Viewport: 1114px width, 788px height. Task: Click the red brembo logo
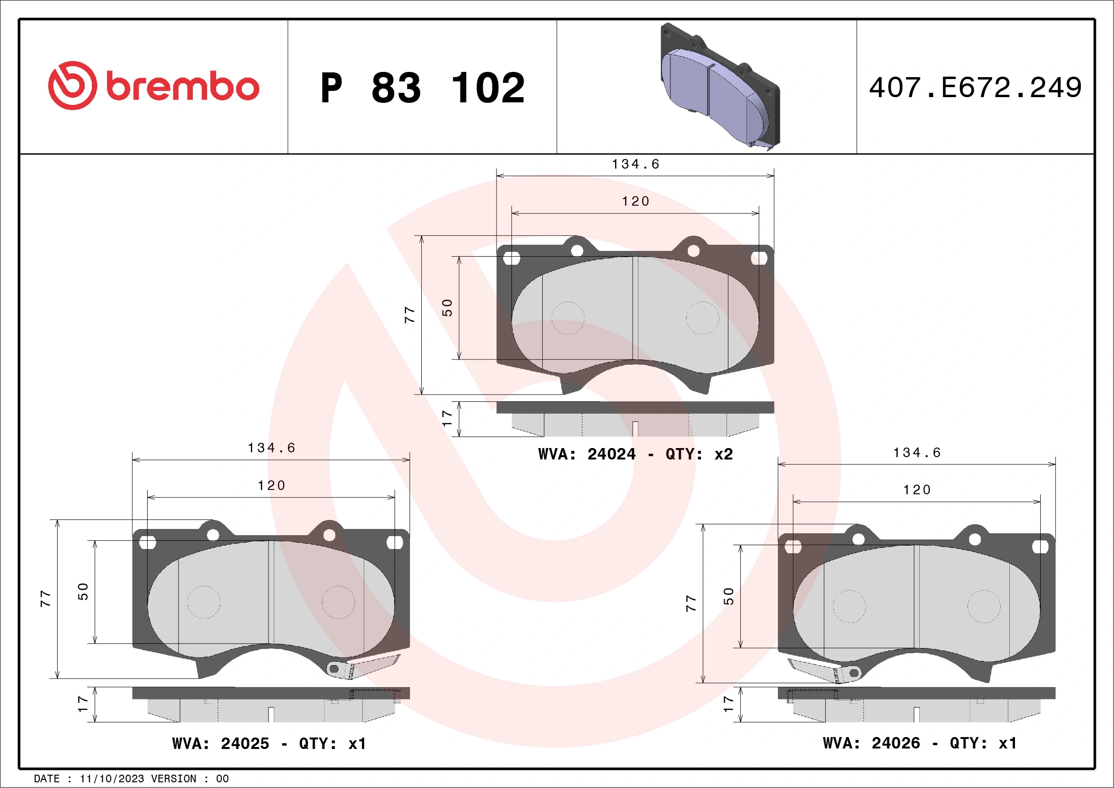click(x=153, y=86)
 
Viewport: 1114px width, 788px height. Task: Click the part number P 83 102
click(x=422, y=88)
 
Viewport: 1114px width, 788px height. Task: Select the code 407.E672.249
click(x=975, y=88)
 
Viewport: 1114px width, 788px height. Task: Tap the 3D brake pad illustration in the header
click(x=719, y=86)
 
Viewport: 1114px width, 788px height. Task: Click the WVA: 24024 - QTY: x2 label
click(x=635, y=454)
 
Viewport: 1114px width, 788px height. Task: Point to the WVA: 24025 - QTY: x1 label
click(x=269, y=743)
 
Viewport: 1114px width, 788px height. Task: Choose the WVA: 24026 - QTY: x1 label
click(x=919, y=743)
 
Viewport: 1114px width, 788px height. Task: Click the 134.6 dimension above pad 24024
click(x=636, y=164)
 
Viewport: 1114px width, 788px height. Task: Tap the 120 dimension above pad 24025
click(x=271, y=486)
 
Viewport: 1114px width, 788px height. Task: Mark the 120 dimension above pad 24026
click(x=916, y=490)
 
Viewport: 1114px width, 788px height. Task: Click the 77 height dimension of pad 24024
click(x=409, y=315)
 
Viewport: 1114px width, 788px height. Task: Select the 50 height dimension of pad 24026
click(x=728, y=596)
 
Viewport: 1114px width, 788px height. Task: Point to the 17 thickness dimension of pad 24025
click(x=82, y=704)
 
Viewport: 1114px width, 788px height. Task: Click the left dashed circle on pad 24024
click(x=567, y=318)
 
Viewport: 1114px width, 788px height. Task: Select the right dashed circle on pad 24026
click(x=984, y=607)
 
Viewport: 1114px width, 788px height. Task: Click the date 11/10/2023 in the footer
click(x=111, y=779)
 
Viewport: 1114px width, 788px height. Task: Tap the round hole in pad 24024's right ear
click(x=693, y=251)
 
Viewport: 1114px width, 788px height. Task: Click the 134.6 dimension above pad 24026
click(x=916, y=453)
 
